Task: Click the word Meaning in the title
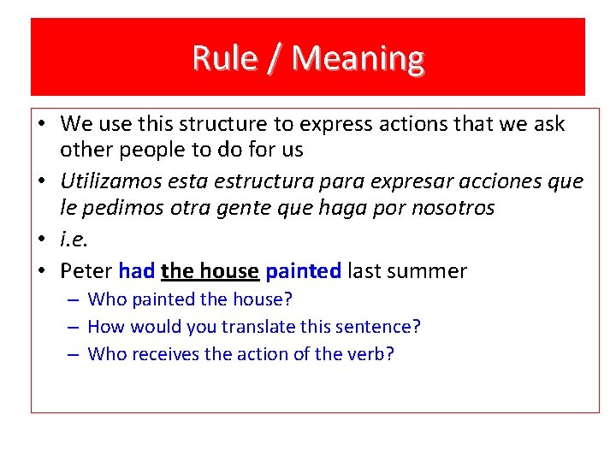358,58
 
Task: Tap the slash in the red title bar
273,58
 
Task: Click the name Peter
86,271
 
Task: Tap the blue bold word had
136,271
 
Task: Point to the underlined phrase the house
210,271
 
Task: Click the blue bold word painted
303,271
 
